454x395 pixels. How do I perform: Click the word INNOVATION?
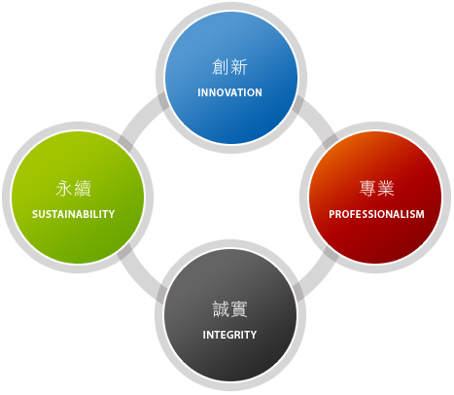229,92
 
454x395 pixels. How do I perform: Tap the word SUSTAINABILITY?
74,214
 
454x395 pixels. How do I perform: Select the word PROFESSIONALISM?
376,214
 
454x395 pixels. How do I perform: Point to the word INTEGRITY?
229,335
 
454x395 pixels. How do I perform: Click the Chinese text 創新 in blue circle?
229,67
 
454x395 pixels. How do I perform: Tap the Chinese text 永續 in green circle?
74,189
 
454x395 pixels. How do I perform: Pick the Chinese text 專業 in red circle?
376,189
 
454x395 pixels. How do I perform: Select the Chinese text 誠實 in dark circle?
229,309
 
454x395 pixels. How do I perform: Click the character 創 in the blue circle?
221,67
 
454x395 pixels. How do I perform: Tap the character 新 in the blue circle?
239,67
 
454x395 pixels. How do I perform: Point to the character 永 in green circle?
64,189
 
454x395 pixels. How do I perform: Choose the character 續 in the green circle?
83,189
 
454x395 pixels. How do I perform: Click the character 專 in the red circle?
367,189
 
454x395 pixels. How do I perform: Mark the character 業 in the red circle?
386,189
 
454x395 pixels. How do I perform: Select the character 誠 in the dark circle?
221,309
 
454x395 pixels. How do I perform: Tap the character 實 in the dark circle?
239,309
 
